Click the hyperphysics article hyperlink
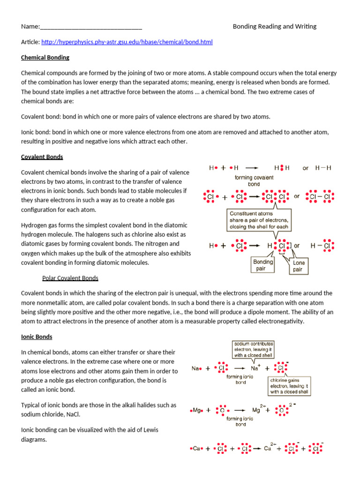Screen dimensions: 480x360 point(127,42)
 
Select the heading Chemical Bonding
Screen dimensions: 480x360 point(45,58)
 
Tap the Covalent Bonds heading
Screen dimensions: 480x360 point(42,157)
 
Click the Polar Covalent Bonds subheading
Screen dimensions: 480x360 point(70,278)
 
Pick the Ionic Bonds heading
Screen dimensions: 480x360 point(37,337)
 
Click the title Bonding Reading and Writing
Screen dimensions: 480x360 point(275,27)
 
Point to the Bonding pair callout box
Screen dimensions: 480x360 point(263,265)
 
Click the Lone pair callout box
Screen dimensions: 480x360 point(299,266)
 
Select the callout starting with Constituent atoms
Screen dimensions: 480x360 point(259,220)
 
